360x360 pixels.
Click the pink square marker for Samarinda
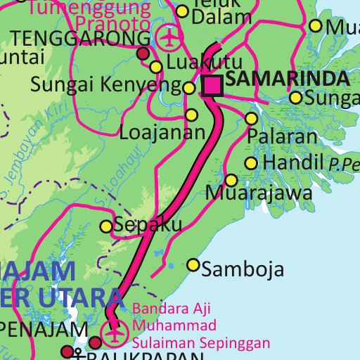[x=212, y=85]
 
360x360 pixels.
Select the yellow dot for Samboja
[x=193, y=265]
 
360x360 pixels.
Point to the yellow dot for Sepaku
[x=106, y=226]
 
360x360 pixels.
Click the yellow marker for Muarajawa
[x=231, y=180]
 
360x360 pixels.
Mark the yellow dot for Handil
[x=251, y=164]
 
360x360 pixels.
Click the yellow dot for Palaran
[x=251, y=118]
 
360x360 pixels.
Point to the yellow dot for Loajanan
[x=191, y=115]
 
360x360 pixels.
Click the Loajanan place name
[x=162, y=131]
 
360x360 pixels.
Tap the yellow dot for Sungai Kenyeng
[x=189, y=88]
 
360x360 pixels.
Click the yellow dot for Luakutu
[x=156, y=67]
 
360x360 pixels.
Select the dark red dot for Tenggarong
[x=143, y=53]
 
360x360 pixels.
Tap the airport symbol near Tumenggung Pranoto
[x=169, y=37]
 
